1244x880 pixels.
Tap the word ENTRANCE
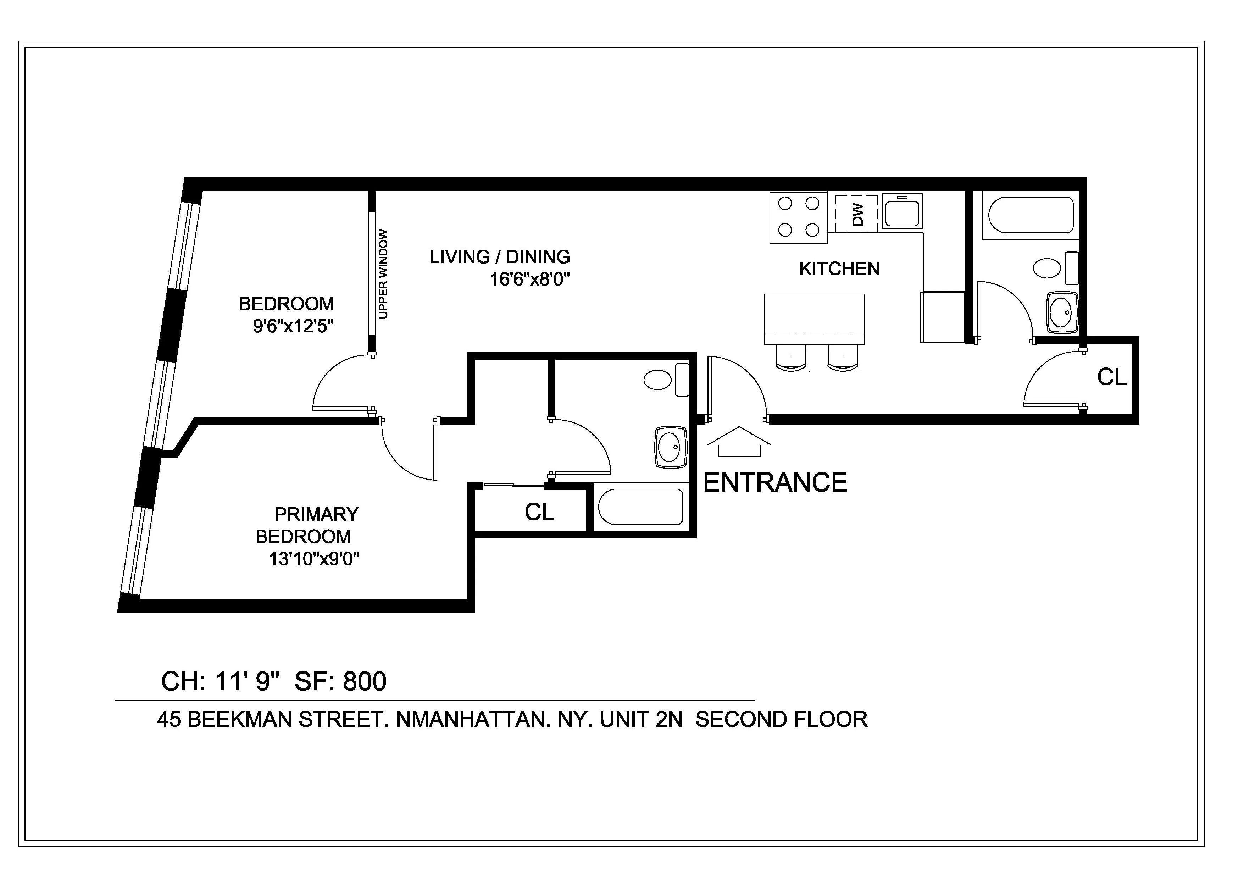tap(775, 483)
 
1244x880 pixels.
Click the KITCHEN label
tap(839, 269)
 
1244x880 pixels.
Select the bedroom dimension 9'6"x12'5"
tap(293, 326)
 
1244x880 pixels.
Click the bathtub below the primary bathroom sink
tap(640, 507)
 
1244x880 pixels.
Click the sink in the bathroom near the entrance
tap(671, 447)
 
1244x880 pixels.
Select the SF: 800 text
tap(340, 682)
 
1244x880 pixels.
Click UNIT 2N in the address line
tap(641, 720)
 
